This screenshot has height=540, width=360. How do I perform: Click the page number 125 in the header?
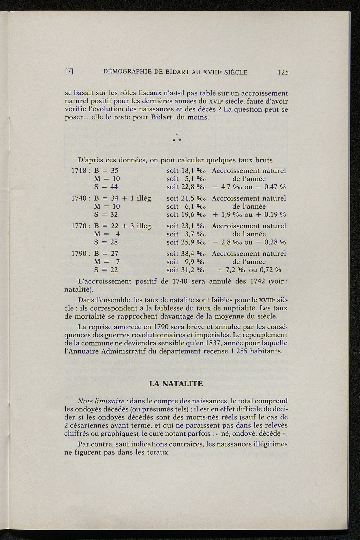(x=283, y=72)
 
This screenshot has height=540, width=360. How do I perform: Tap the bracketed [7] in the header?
(x=69, y=72)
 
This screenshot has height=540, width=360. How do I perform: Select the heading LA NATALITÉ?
(x=176, y=383)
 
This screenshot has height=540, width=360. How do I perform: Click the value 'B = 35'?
(x=107, y=171)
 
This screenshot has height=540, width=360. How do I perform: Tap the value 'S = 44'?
(x=107, y=187)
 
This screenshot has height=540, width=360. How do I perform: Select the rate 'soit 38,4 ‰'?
(x=186, y=254)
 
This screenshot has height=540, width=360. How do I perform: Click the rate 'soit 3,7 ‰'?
(x=186, y=234)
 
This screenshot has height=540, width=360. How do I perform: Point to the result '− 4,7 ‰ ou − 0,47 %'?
(x=249, y=187)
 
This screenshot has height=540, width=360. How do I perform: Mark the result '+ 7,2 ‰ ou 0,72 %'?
(x=249, y=270)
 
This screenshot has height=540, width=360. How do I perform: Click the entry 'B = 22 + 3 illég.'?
(x=123, y=226)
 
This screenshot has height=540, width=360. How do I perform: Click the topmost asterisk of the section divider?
(x=177, y=134)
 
